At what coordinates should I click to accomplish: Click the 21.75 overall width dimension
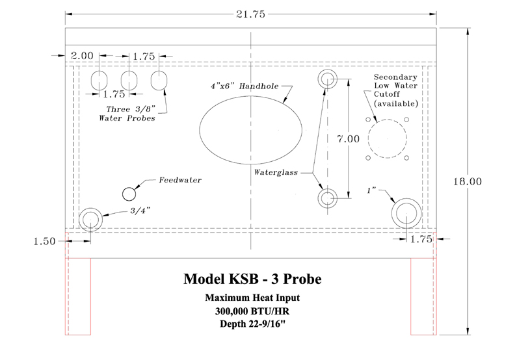point(250,14)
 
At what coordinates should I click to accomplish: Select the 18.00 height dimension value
point(467,181)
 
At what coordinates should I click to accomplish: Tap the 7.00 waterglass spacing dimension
point(348,139)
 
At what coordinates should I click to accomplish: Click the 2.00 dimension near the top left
point(82,56)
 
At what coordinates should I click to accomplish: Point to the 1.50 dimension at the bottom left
point(44,242)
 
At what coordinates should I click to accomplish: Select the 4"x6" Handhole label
point(245,86)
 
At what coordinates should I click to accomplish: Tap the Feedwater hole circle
point(129,194)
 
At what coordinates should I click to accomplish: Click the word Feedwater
point(180,180)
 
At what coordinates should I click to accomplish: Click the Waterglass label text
point(276,172)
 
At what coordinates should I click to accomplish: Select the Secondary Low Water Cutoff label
point(395,90)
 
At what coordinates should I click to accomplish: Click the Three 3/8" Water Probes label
point(128,114)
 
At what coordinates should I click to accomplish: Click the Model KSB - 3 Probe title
point(252,279)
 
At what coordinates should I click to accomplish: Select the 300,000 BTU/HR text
point(252,311)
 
